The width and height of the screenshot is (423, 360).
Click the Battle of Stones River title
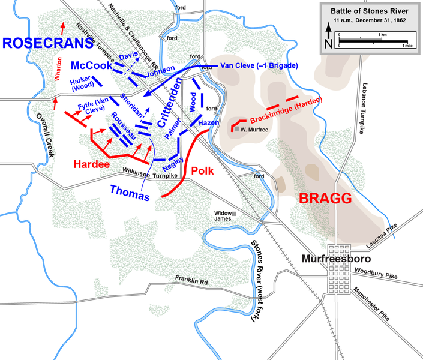coord(367,11)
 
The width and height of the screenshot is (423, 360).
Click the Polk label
coord(202,170)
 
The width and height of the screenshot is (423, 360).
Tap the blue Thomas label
coord(129,193)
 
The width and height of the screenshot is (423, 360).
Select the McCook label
coord(89,65)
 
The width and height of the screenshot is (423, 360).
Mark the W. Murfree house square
coord(237,129)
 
